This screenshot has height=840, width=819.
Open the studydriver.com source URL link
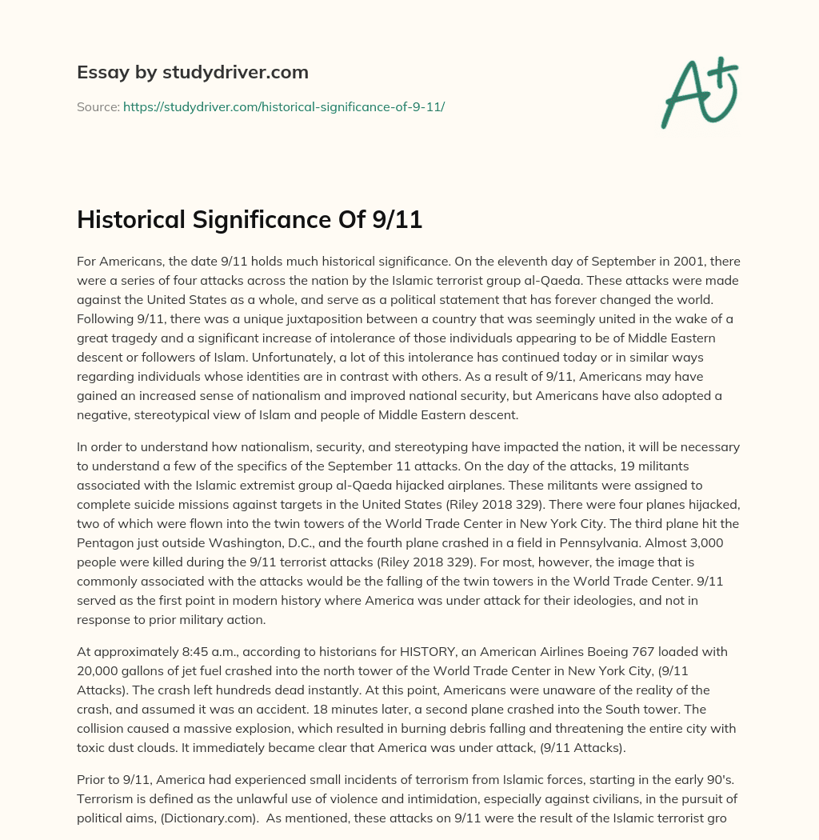click(x=283, y=106)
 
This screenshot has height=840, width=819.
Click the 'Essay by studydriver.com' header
click(x=192, y=72)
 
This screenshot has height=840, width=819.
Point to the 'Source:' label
click(x=98, y=106)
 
